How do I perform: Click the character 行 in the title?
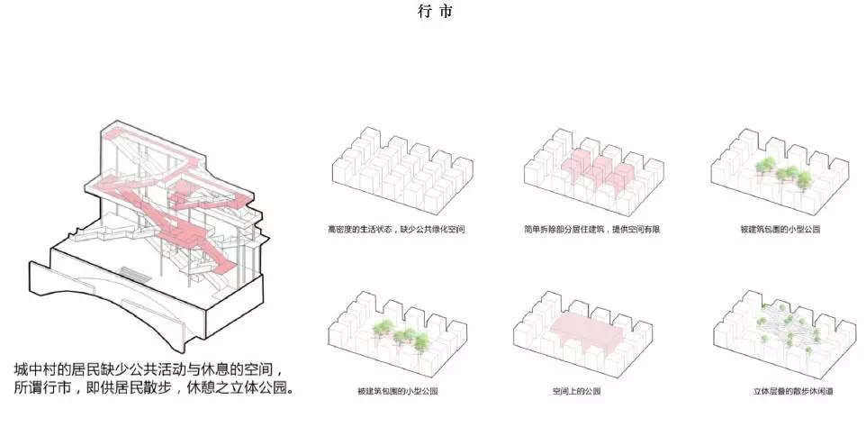point(424,13)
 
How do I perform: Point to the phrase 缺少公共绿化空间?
point(428,230)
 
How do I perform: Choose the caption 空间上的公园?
point(576,392)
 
